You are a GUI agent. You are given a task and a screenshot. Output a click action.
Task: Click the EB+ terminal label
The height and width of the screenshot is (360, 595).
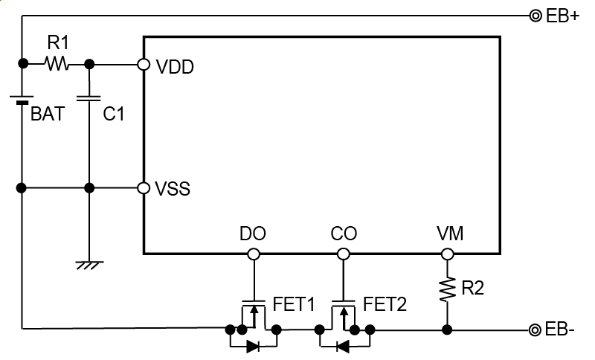(x=562, y=16)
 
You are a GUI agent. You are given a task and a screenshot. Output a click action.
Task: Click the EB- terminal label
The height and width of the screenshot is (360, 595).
(x=560, y=330)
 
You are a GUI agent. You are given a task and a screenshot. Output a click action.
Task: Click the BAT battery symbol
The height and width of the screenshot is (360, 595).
(x=22, y=99)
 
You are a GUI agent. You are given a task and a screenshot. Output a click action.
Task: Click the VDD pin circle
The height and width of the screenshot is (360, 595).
(x=144, y=65)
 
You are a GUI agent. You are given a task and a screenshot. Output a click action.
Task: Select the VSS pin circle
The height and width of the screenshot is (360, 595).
(x=144, y=187)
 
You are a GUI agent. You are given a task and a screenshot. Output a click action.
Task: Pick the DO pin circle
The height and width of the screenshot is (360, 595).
(x=254, y=254)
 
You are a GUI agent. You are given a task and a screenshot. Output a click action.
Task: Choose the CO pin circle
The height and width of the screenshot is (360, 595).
(x=343, y=254)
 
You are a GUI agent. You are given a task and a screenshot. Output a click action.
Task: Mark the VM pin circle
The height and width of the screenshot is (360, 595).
(x=447, y=254)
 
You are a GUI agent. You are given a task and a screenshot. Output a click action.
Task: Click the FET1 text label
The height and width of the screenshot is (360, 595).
(x=295, y=303)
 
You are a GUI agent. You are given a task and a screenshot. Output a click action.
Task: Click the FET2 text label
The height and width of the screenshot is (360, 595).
(x=385, y=303)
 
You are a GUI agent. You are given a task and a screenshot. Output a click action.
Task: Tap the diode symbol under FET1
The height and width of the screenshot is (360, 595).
(x=253, y=346)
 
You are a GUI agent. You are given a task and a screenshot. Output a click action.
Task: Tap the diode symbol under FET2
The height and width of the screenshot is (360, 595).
(x=343, y=346)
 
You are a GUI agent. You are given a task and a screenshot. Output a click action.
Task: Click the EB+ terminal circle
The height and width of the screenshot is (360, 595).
(x=535, y=16)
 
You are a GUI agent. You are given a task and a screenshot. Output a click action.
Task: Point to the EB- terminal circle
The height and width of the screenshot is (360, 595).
(x=535, y=330)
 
